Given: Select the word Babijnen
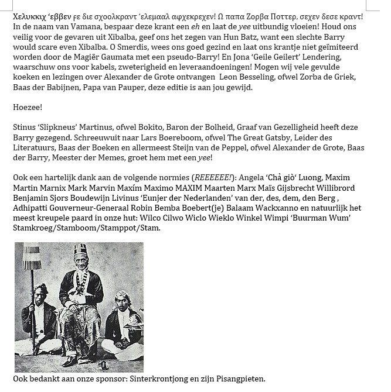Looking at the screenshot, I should tap(74, 87).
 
